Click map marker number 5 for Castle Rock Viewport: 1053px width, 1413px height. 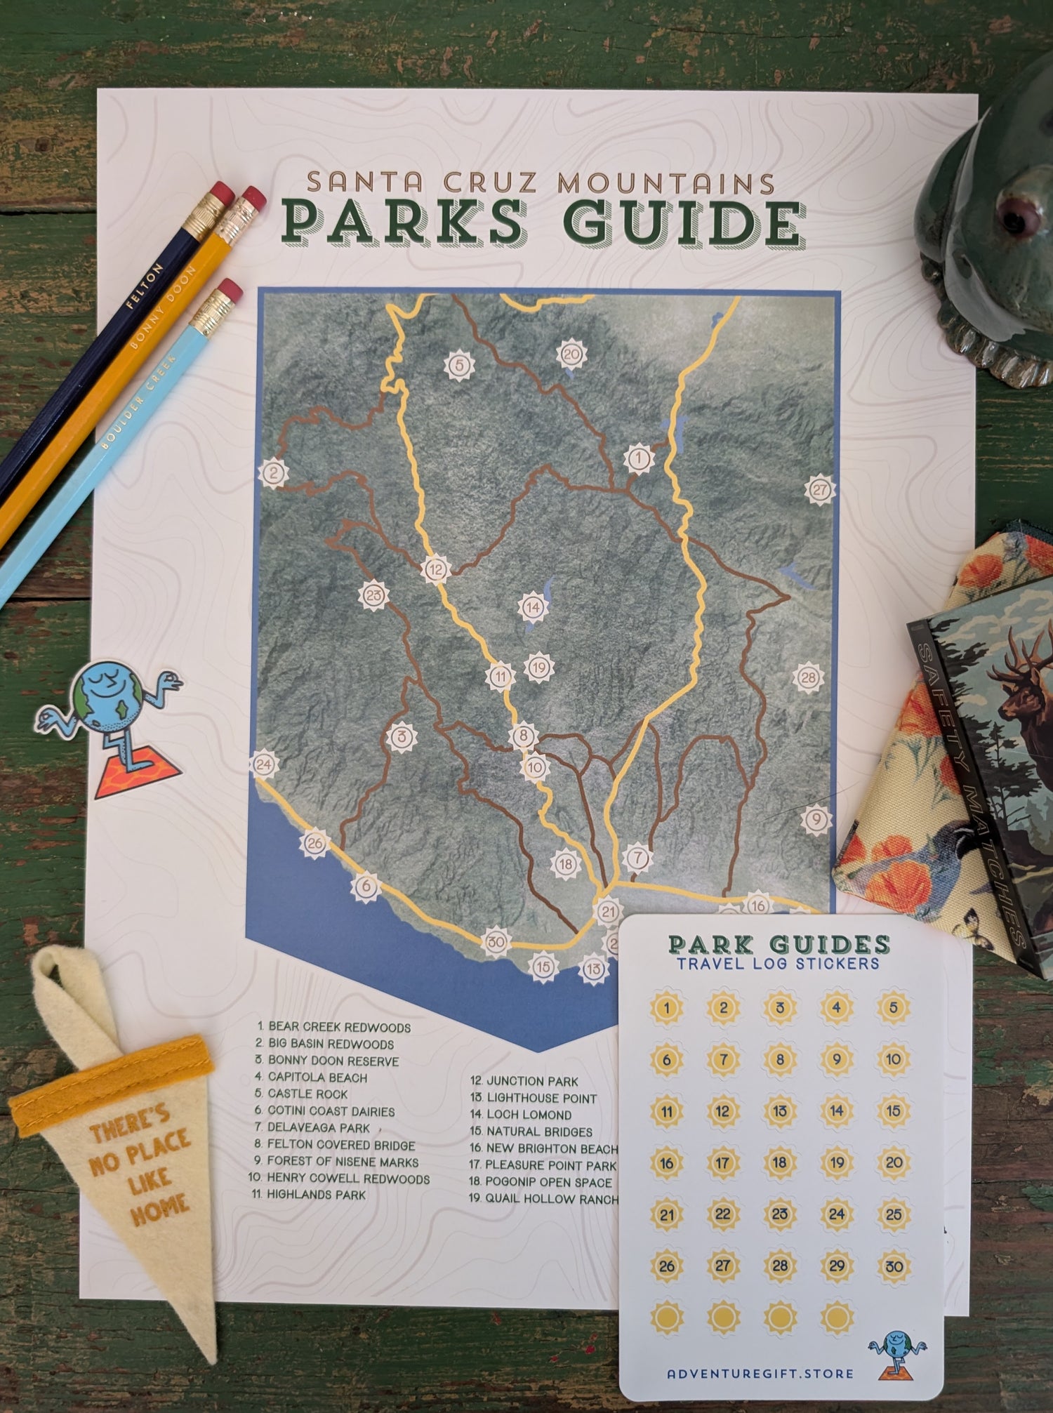(x=459, y=365)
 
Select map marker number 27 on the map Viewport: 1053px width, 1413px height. (x=820, y=489)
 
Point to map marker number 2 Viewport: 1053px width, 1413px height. (x=274, y=473)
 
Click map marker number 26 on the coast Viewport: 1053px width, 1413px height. (x=314, y=843)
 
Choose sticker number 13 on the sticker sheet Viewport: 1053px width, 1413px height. (x=780, y=1111)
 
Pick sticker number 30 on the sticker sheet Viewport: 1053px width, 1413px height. (x=894, y=1266)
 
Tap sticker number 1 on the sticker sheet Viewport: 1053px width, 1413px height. (x=667, y=1009)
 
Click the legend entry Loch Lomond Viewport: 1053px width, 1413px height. (x=521, y=1115)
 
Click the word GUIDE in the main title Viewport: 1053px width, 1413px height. (x=684, y=223)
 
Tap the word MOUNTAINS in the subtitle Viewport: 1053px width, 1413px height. (x=665, y=183)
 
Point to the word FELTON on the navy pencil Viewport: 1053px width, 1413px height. (x=145, y=286)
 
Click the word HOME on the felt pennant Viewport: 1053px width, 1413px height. (x=159, y=1207)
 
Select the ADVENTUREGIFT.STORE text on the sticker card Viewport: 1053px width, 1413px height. (x=760, y=1374)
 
